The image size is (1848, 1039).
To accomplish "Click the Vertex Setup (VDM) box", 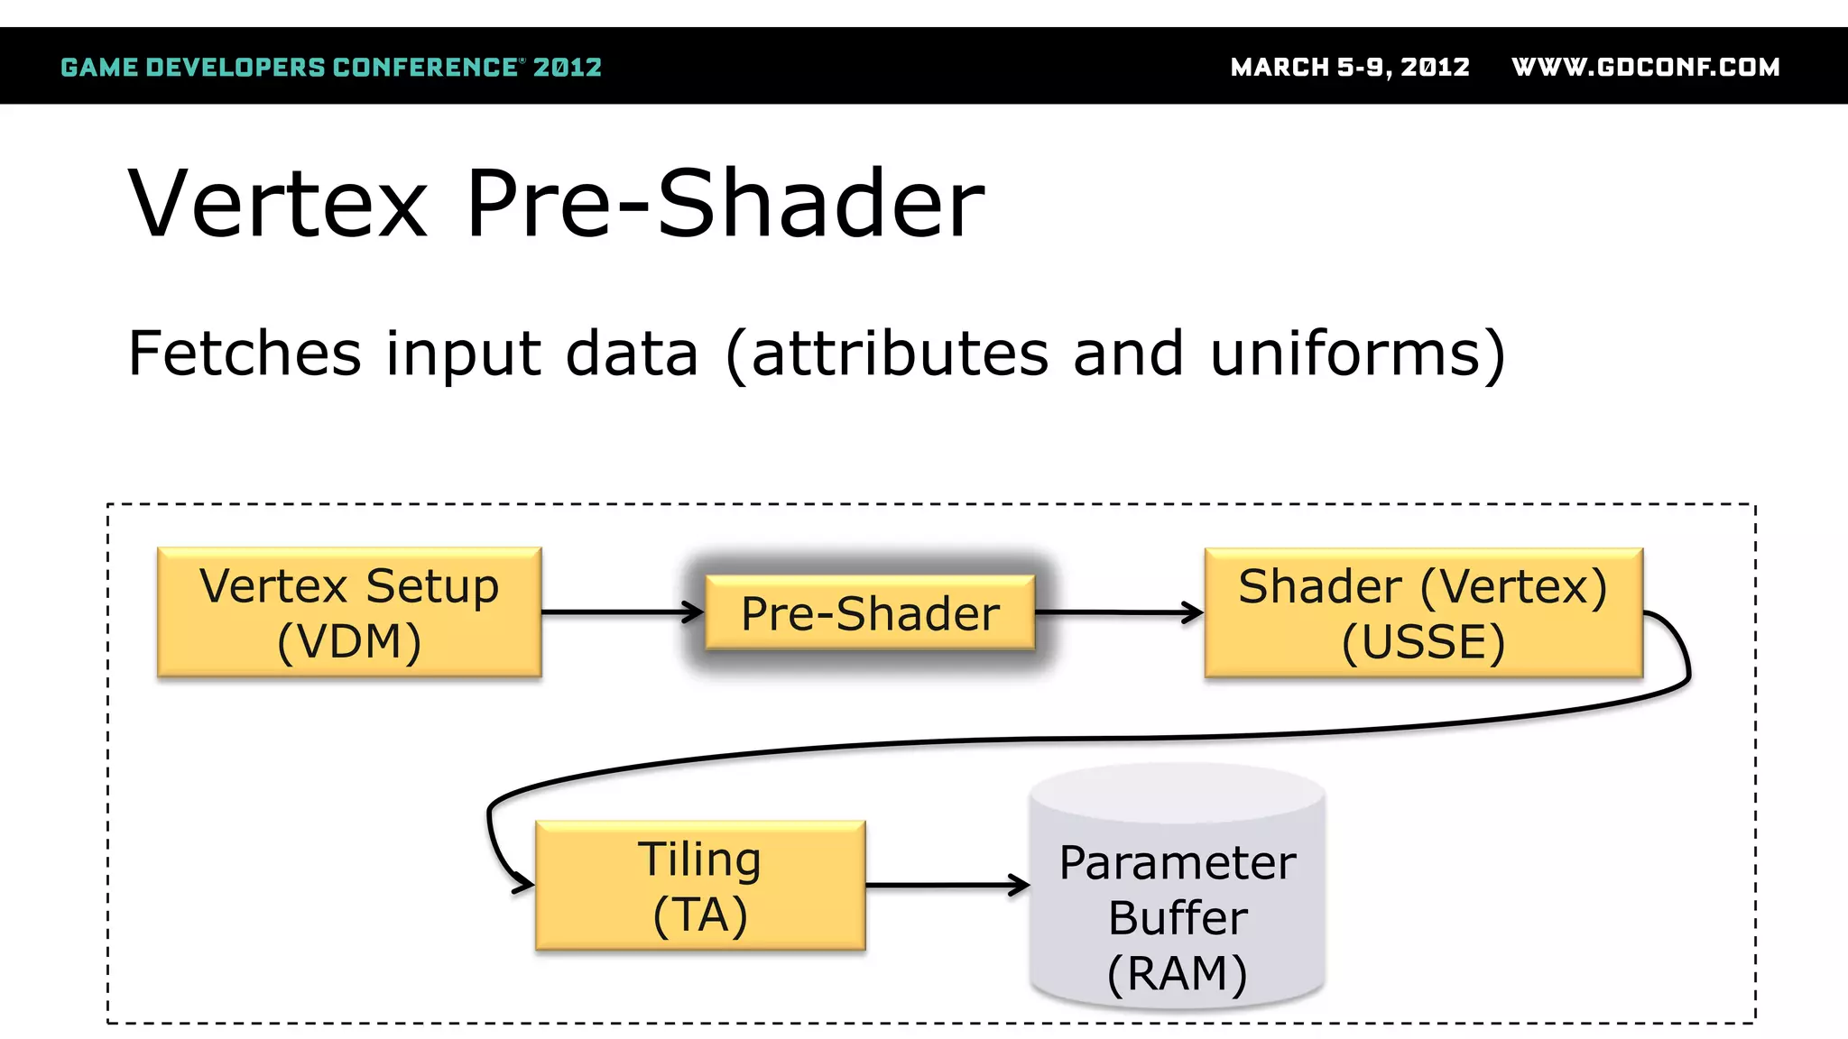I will click(x=349, y=612).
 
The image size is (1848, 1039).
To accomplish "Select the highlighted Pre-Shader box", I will click(x=870, y=613).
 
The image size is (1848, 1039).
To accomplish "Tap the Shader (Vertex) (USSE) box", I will click(x=1423, y=612).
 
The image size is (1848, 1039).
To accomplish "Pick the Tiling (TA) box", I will click(x=700, y=885).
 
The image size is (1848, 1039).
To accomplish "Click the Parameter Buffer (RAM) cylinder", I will click(x=1178, y=888).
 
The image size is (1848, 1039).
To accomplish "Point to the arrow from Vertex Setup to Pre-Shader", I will click(x=623, y=612).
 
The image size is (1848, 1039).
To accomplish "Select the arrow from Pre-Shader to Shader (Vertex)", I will click(x=1119, y=612).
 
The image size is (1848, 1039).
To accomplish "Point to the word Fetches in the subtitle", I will click(x=245, y=353).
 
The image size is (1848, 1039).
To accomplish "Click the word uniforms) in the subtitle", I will click(x=1358, y=353).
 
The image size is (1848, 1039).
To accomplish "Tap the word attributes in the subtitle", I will click(x=900, y=353).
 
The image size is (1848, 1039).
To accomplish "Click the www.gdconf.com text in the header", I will click(x=1645, y=68).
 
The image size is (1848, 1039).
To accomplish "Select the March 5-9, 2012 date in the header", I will click(x=1350, y=68).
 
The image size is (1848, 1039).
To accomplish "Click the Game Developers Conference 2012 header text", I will click(x=331, y=68).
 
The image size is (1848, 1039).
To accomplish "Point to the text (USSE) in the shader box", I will click(x=1423, y=642).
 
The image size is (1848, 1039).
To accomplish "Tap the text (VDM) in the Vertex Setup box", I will click(x=349, y=642).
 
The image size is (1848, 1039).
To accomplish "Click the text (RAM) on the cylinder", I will click(x=1178, y=973).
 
